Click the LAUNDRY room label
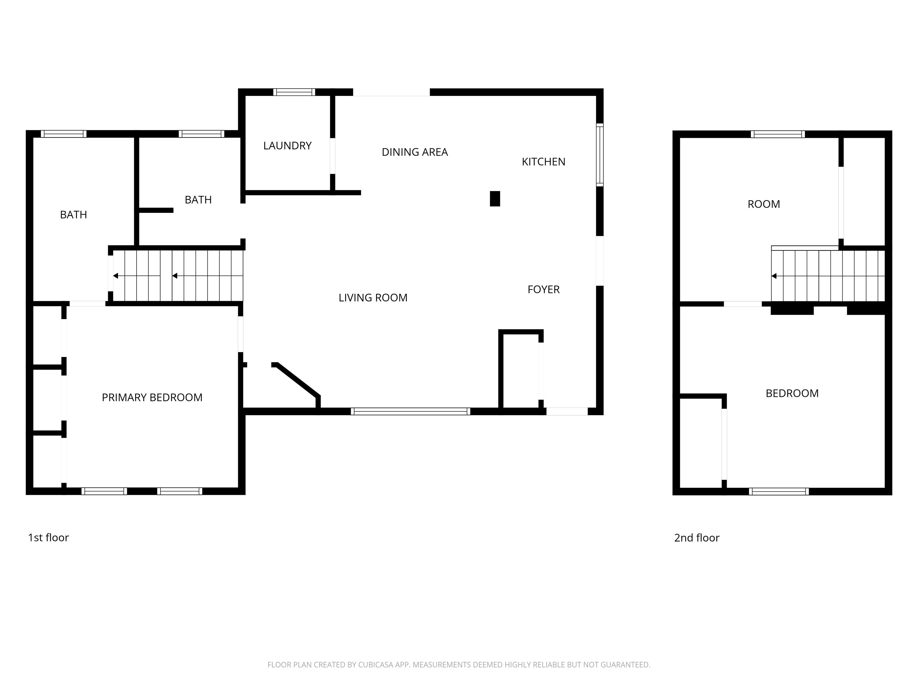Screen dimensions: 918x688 (287, 145)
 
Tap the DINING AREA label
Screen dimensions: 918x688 (414, 152)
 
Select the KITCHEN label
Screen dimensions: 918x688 (543, 162)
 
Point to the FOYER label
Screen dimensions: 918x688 (543, 289)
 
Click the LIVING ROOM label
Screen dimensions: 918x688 (373, 298)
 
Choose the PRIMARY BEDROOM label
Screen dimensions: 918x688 (152, 397)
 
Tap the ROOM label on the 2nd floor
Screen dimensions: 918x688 (764, 204)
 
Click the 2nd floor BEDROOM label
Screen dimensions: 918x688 (792, 393)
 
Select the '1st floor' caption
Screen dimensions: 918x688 (48, 537)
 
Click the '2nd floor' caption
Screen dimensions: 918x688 (696, 537)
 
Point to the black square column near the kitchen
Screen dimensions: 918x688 (495, 199)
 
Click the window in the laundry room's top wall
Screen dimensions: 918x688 (294, 92)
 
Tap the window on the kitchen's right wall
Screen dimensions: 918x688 (600, 155)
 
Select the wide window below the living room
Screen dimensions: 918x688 (411, 411)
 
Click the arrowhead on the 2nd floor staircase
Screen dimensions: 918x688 (774, 276)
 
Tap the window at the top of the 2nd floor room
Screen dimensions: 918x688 (778, 134)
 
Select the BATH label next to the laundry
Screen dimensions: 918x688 (198, 200)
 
